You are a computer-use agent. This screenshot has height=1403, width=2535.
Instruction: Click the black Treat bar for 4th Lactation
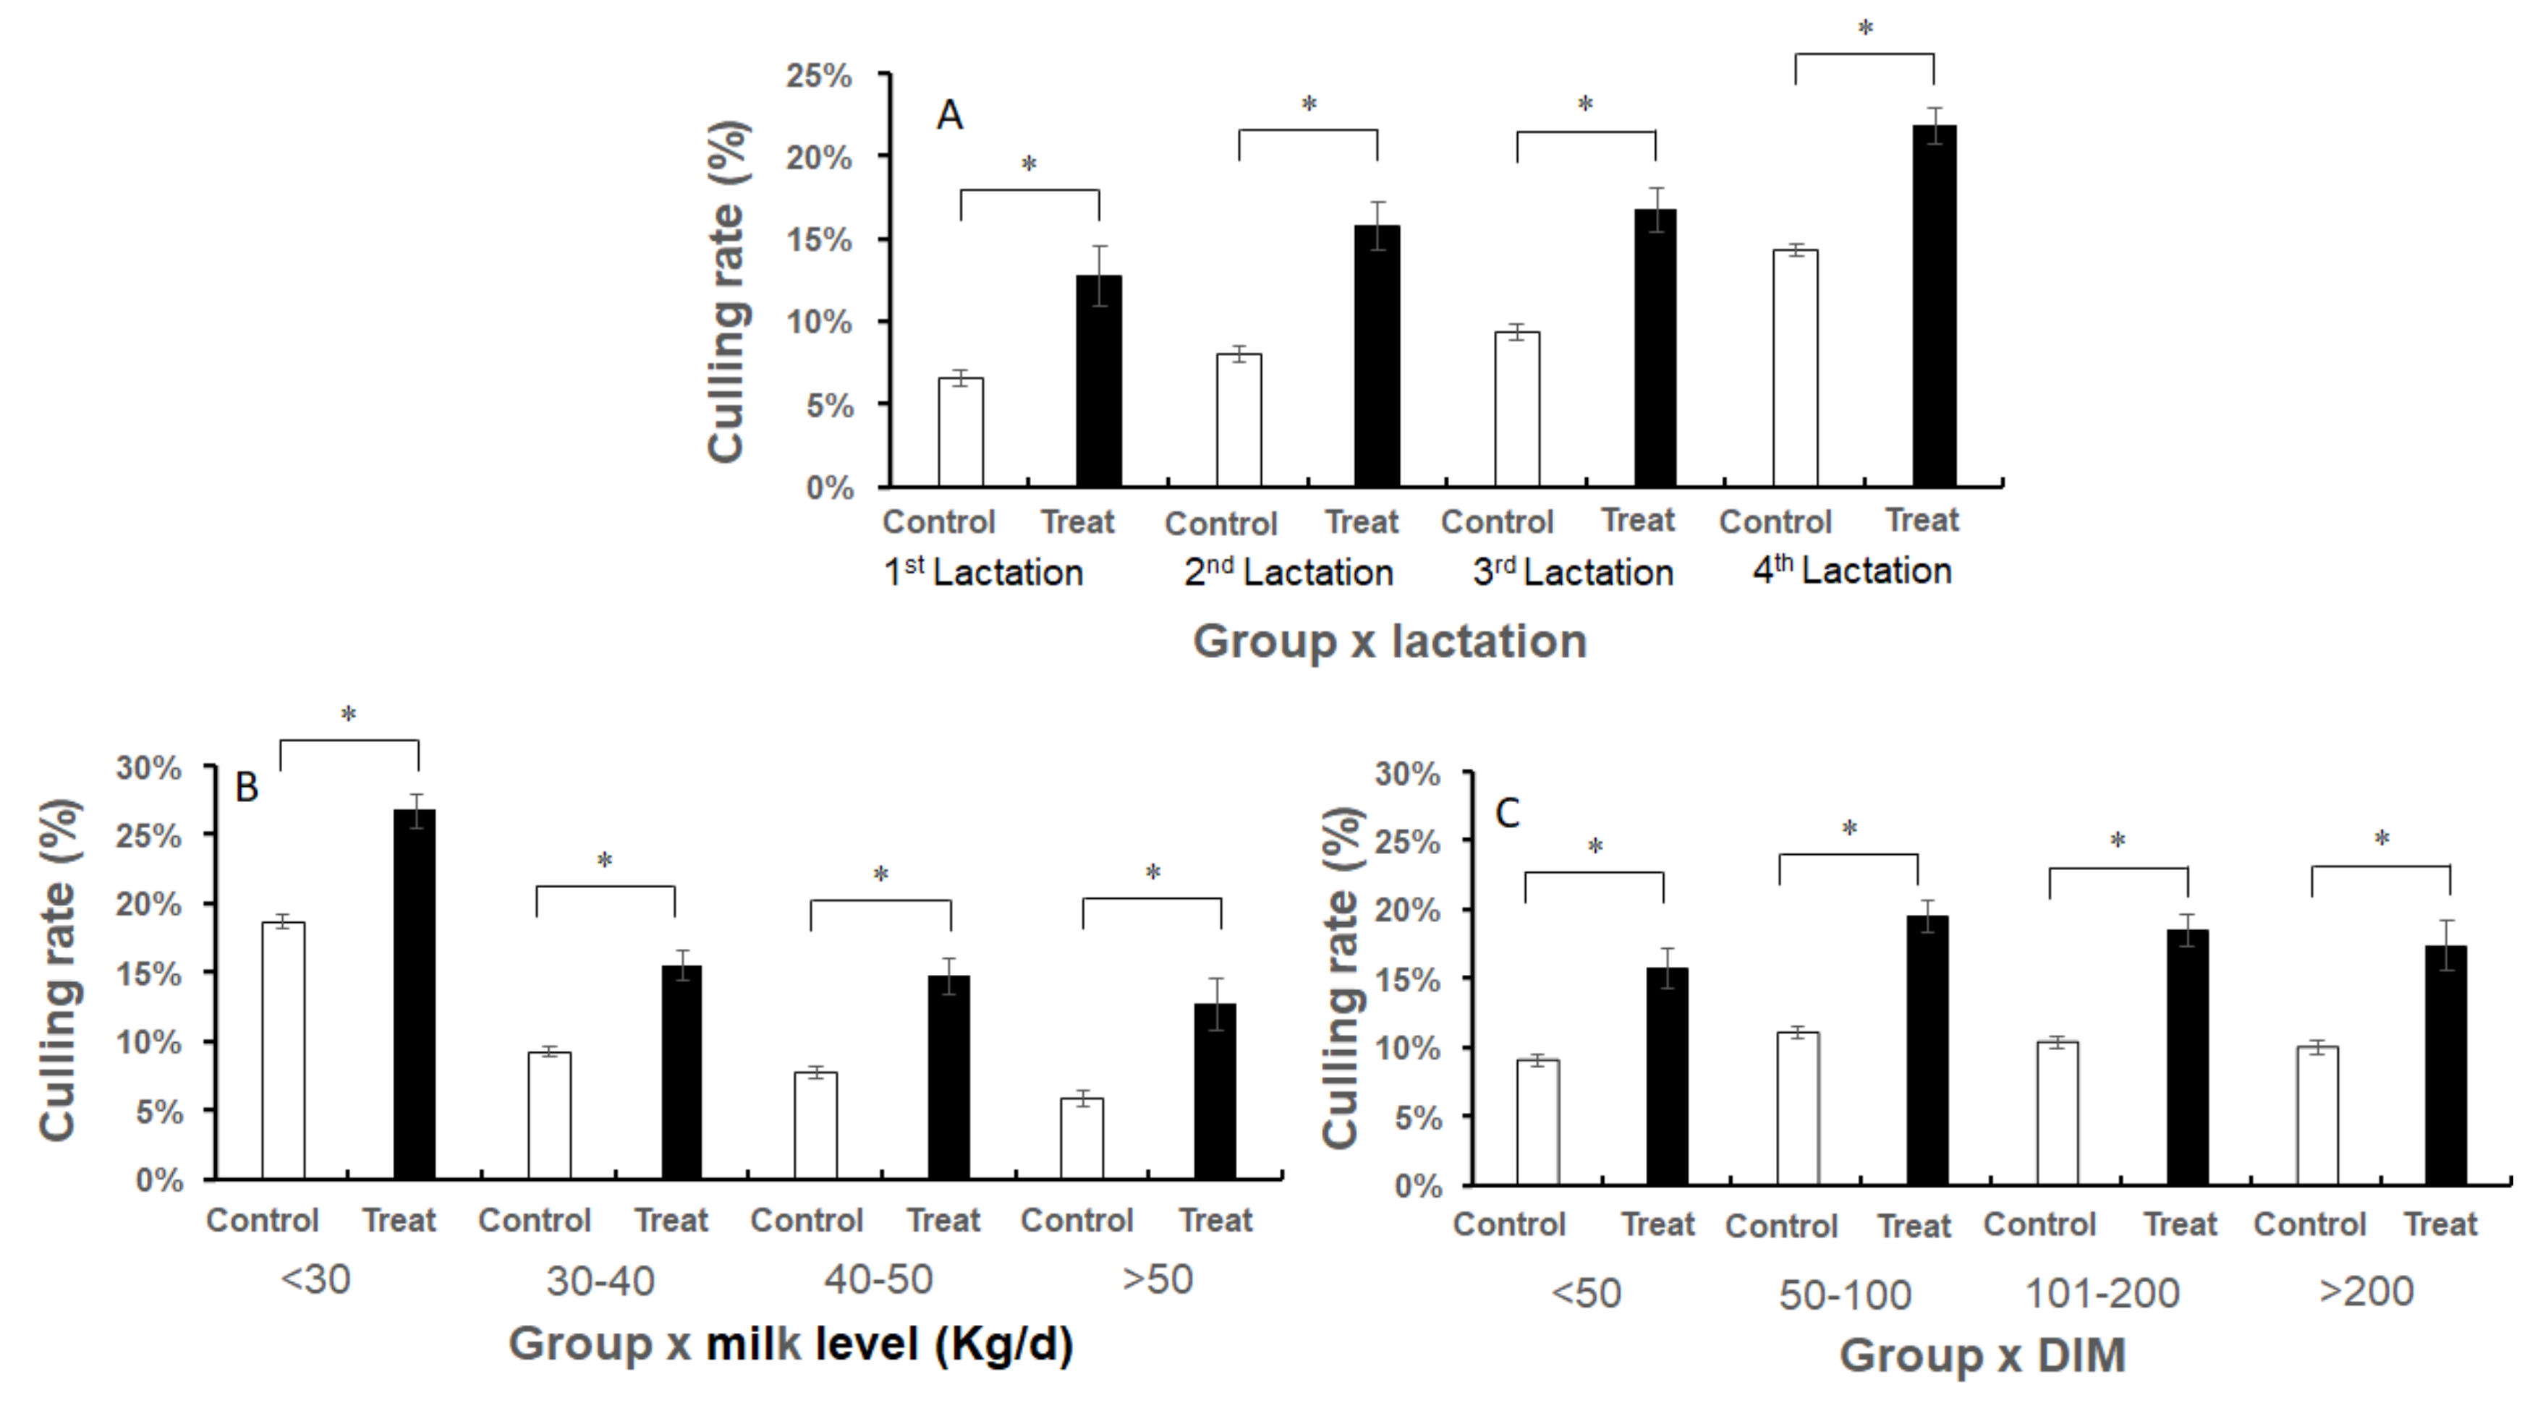click(1934, 305)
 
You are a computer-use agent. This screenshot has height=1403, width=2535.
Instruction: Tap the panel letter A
click(948, 116)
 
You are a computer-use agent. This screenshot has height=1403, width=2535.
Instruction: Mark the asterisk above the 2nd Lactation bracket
click(1309, 103)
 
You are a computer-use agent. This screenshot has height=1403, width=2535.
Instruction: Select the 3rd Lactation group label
click(1573, 571)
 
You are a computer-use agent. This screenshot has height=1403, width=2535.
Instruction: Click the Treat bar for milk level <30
click(415, 994)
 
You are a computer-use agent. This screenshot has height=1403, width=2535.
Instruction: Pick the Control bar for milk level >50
click(1082, 1138)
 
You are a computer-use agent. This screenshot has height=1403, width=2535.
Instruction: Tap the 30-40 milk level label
click(600, 1281)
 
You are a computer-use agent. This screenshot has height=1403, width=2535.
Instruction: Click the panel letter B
click(246, 787)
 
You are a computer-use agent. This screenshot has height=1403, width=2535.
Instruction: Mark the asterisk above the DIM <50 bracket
click(1595, 846)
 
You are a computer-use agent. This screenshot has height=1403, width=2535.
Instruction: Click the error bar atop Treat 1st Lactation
click(1099, 276)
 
